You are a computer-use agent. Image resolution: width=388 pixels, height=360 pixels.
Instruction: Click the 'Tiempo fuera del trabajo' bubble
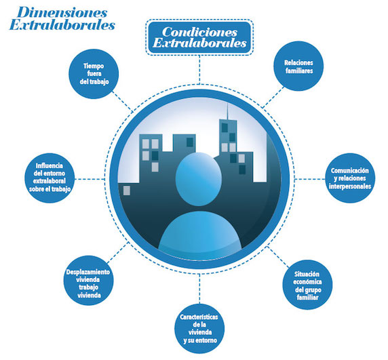point(94,74)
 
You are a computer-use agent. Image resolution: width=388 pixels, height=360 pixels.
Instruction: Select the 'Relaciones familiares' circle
point(298,66)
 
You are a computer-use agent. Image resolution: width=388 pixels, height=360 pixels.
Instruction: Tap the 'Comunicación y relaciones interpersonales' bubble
point(350,178)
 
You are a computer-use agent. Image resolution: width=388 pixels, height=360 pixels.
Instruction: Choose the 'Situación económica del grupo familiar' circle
point(307,285)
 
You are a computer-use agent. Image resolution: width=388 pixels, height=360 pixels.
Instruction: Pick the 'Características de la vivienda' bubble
point(199,329)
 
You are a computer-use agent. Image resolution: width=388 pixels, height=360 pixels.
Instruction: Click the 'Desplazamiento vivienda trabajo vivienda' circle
point(89,281)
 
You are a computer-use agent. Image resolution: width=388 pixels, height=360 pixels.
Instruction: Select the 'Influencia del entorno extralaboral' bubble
point(50,178)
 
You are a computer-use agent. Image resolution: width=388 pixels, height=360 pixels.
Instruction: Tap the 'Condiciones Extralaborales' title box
point(199,37)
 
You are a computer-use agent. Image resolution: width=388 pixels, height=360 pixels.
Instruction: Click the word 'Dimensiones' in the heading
point(62,13)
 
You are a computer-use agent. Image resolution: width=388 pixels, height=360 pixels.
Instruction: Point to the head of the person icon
point(199,179)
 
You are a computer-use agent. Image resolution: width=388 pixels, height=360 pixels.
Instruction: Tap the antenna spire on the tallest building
point(228,111)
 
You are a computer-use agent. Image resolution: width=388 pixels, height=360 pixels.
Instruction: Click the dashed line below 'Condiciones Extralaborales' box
point(199,70)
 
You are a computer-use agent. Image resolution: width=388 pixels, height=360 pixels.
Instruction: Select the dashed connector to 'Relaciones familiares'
point(273,97)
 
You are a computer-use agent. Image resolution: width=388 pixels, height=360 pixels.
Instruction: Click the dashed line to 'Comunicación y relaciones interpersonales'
point(310,178)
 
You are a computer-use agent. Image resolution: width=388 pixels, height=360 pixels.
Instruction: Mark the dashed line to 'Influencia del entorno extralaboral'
point(90,179)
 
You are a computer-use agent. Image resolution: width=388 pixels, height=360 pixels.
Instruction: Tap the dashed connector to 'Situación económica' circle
point(278,257)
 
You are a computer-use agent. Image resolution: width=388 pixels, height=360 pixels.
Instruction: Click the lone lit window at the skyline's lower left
point(126,191)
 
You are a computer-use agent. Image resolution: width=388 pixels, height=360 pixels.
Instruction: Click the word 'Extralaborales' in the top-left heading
point(62,25)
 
